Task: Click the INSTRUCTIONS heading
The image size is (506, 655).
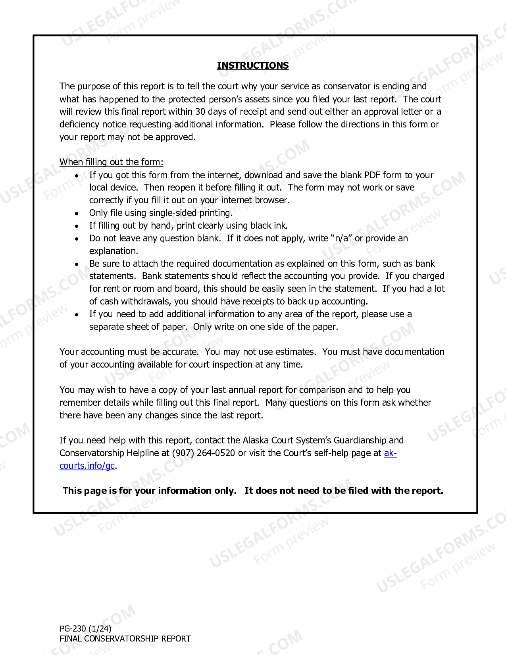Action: [x=253, y=65]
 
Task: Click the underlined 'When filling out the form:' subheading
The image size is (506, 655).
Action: [x=111, y=162]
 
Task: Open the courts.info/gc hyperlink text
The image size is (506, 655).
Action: [x=87, y=466]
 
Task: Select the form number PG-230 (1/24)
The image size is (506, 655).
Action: [x=85, y=628]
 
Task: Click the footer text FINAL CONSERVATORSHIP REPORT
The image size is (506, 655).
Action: [x=125, y=639]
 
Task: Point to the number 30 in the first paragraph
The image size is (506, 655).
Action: [x=200, y=112]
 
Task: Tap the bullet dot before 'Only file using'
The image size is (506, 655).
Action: [x=77, y=213]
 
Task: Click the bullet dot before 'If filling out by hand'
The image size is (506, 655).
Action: [x=77, y=226]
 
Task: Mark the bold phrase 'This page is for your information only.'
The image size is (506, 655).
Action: [x=150, y=491]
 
